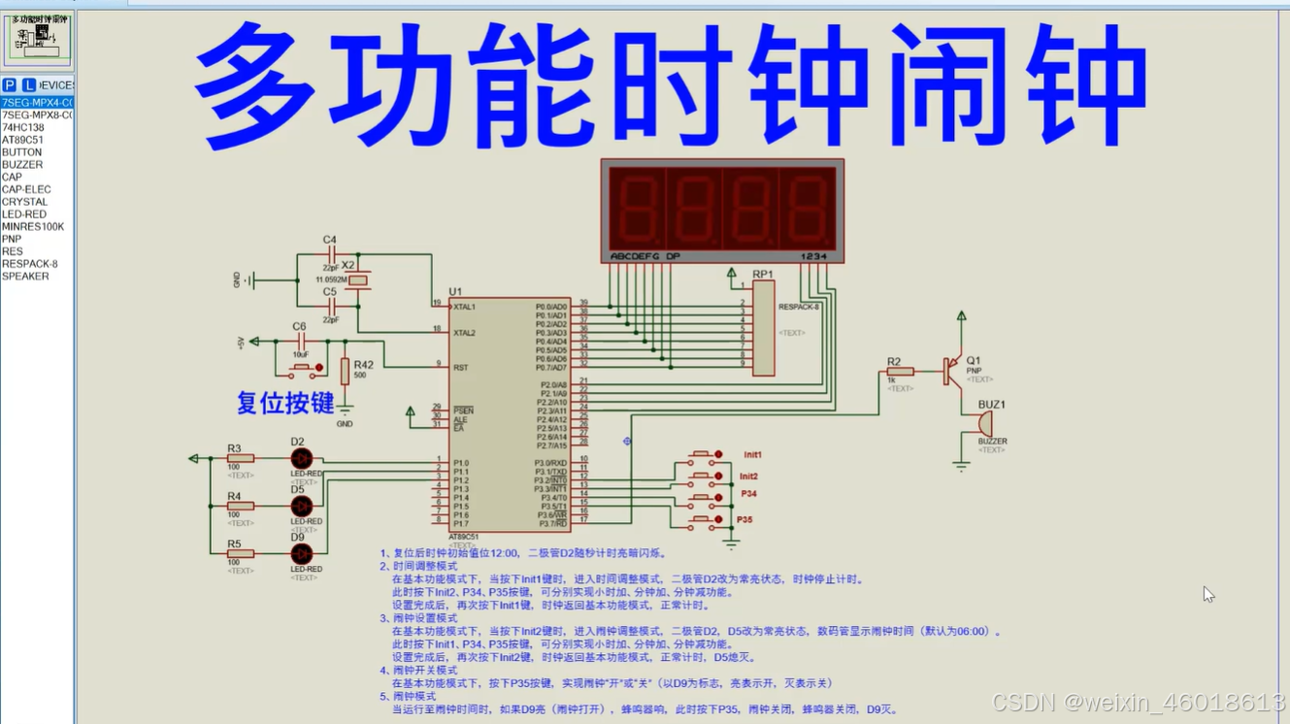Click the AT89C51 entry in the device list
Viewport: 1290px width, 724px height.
pyautogui.click(x=23, y=140)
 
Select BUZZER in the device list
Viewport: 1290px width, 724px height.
pyautogui.click(x=23, y=165)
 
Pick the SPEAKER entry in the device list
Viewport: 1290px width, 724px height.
pyautogui.click(x=26, y=277)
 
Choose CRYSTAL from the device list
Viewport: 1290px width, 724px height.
pyautogui.click(x=25, y=202)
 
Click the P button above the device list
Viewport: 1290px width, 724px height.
pyautogui.click(x=10, y=85)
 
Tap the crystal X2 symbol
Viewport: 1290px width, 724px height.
pyautogui.click(x=358, y=280)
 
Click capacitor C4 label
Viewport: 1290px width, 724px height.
pyautogui.click(x=329, y=240)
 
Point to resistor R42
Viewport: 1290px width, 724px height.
pyautogui.click(x=345, y=371)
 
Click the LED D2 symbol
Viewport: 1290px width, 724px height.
pyautogui.click(x=302, y=458)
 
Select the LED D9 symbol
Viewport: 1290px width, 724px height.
pyautogui.click(x=302, y=553)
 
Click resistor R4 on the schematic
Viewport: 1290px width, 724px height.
pyautogui.click(x=240, y=506)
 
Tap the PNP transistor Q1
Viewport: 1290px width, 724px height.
pyautogui.click(x=953, y=371)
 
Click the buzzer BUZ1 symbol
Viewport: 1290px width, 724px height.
pyautogui.click(x=985, y=424)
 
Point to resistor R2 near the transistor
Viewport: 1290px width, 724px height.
pyautogui.click(x=900, y=372)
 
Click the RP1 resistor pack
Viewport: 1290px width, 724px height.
pyautogui.click(x=764, y=328)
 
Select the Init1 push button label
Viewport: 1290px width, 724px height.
pyautogui.click(x=752, y=454)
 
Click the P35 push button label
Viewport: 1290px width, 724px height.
pyautogui.click(x=744, y=520)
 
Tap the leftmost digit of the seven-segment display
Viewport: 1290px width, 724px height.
pyautogui.click(x=636, y=209)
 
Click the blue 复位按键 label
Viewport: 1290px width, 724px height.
pyautogui.click(x=285, y=403)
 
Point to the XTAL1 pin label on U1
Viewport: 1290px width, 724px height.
pyautogui.click(x=464, y=308)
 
